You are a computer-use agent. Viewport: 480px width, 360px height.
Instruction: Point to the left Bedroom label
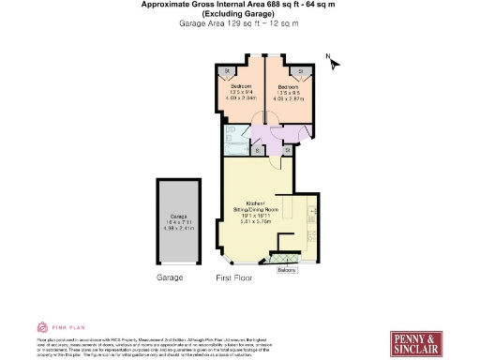pyautogui.click(x=243, y=86)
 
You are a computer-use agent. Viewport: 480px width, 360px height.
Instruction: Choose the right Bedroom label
pyautogui.click(x=288, y=86)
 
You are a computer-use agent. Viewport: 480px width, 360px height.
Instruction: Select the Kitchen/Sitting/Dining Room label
pyautogui.click(x=256, y=209)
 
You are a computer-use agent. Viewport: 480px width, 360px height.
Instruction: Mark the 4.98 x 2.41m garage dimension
pyautogui.click(x=177, y=228)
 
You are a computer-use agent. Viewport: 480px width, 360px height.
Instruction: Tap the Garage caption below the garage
pyautogui.click(x=169, y=278)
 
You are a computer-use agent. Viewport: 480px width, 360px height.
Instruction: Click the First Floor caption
pyautogui.click(x=234, y=278)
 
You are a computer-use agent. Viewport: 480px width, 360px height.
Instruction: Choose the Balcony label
pyautogui.click(x=286, y=270)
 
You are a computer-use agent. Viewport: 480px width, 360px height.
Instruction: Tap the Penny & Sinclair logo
pyautogui.click(x=415, y=343)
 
